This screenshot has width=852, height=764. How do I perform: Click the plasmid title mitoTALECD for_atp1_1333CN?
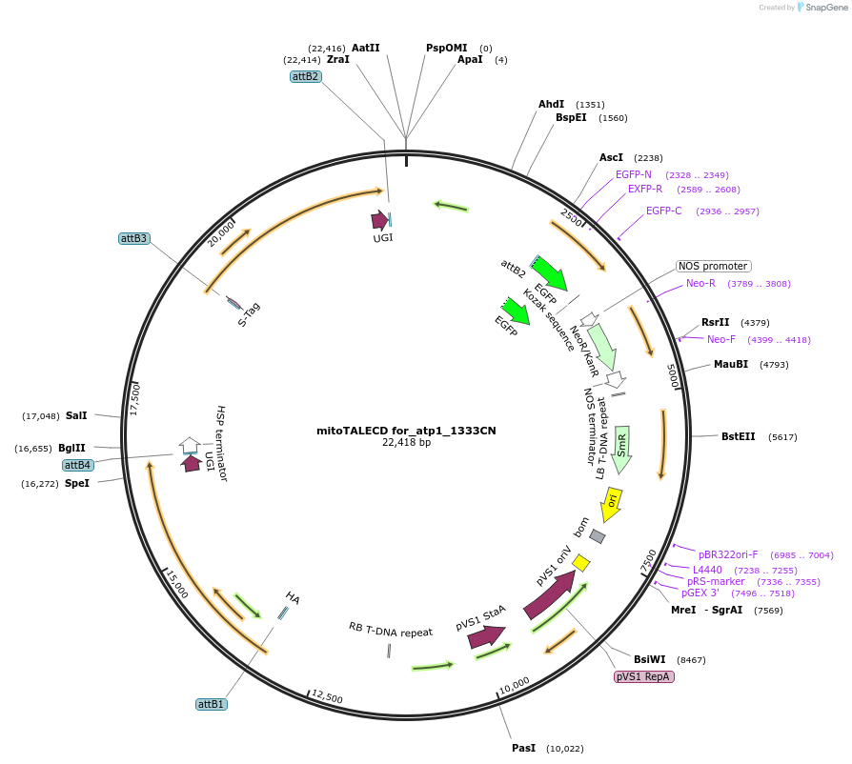(406, 431)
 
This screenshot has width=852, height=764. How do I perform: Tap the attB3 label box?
(134, 238)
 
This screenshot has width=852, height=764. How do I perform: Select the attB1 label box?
(212, 704)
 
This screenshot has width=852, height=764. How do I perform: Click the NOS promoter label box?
(713, 266)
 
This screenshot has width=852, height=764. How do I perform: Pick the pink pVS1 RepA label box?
(644, 676)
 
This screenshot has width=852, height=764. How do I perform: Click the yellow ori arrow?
(610, 502)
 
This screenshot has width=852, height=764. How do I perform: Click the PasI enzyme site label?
(523, 748)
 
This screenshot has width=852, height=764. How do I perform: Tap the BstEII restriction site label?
(738, 436)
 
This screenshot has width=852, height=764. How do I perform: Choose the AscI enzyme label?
(611, 157)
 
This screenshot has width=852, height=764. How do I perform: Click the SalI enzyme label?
(76, 415)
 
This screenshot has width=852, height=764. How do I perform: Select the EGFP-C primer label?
(663, 211)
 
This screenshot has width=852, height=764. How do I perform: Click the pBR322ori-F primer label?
(728, 554)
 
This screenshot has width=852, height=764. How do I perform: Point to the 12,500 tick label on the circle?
(327, 696)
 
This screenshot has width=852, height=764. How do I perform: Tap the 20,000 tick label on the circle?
(221, 233)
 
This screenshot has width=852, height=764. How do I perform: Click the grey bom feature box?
(598, 536)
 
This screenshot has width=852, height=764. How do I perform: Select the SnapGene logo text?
(825, 7)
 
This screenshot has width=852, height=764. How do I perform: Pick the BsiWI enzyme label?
(651, 659)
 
